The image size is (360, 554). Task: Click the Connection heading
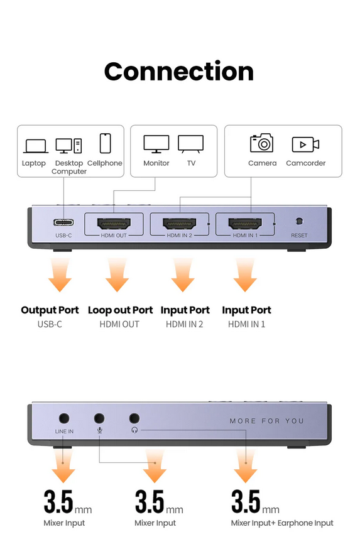[x=179, y=71]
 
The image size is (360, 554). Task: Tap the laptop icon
[x=36, y=146]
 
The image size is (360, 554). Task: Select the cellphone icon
[x=106, y=143]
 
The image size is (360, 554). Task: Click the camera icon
[x=262, y=143]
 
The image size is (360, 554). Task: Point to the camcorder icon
[x=305, y=144]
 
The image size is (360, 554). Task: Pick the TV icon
[x=191, y=144]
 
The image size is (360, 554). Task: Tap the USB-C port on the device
[x=63, y=222]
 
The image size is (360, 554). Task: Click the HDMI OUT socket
[x=114, y=224]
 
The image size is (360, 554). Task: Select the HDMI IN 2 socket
[x=180, y=224]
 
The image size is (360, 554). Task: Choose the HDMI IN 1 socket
[x=245, y=224]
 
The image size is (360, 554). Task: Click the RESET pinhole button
[x=299, y=221]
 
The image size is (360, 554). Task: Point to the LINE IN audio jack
[x=64, y=419]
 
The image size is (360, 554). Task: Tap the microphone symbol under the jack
[x=100, y=430]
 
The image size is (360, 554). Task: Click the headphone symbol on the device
[x=134, y=430]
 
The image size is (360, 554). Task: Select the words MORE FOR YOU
[x=267, y=421]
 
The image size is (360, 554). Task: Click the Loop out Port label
[x=120, y=310]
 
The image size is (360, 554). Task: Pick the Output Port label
[x=50, y=310]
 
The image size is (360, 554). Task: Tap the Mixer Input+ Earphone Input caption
[x=282, y=523]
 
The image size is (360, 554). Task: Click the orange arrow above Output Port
[x=60, y=274]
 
